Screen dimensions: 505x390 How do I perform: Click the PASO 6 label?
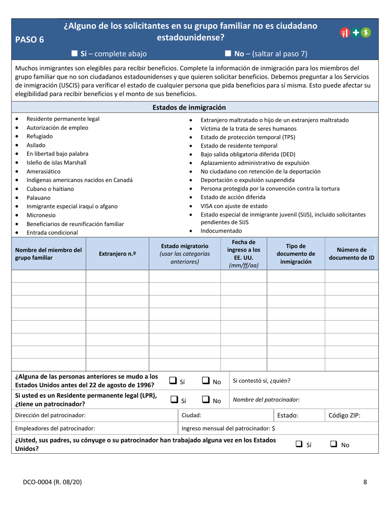point(29,39)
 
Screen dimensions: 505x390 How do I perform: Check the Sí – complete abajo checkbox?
point(75,53)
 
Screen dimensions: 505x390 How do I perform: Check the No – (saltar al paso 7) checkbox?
point(228,53)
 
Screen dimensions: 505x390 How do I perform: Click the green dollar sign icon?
point(366,32)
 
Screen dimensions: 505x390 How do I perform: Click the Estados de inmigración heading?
point(189,108)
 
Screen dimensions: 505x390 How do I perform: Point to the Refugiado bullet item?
point(39,136)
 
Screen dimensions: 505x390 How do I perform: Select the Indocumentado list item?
point(221,231)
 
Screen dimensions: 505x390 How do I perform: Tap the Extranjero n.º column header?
point(117,254)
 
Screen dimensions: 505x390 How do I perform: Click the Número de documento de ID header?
point(351,254)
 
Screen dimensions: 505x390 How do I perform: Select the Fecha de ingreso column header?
point(244,253)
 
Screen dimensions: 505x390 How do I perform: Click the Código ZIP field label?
point(344,415)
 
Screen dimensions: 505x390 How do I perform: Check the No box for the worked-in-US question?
point(334,444)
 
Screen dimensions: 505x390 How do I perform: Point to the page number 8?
point(365,482)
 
